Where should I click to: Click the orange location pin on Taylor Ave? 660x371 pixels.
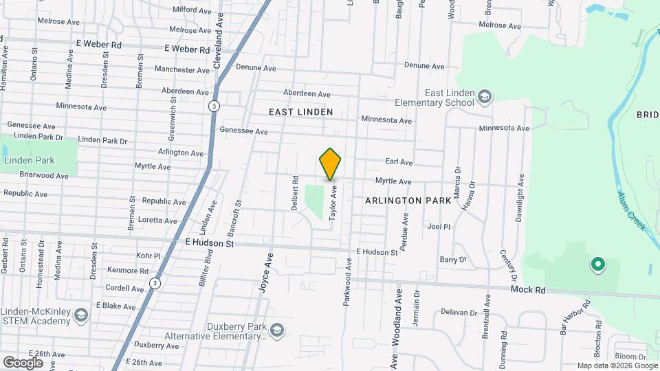pyautogui.click(x=331, y=164)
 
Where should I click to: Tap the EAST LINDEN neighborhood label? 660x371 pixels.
pyautogui.click(x=300, y=112)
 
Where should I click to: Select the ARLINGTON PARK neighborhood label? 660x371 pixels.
pyautogui.click(x=408, y=201)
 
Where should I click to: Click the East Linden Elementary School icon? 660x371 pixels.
pyautogui.click(x=486, y=97)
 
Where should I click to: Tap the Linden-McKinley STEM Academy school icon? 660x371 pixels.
pyautogui.click(x=81, y=315)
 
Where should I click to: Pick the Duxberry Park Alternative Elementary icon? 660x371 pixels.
pyautogui.click(x=277, y=331)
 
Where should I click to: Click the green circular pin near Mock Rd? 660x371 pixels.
pyautogui.click(x=597, y=264)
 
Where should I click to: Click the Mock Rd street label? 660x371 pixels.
pyautogui.click(x=528, y=290)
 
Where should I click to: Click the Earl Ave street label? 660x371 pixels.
pyautogui.click(x=399, y=162)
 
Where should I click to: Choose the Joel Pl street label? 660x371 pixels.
pyautogui.click(x=438, y=226)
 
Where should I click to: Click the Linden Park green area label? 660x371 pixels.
pyautogui.click(x=29, y=160)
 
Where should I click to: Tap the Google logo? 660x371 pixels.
pyautogui.click(x=23, y=362)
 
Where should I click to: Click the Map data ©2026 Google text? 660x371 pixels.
pyautogui.click(x=617, y=366)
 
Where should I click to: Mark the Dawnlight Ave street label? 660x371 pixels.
pyautogui.click(x=520, y=198)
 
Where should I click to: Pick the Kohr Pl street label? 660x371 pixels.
pyautogui.click(x=148, y=256)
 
